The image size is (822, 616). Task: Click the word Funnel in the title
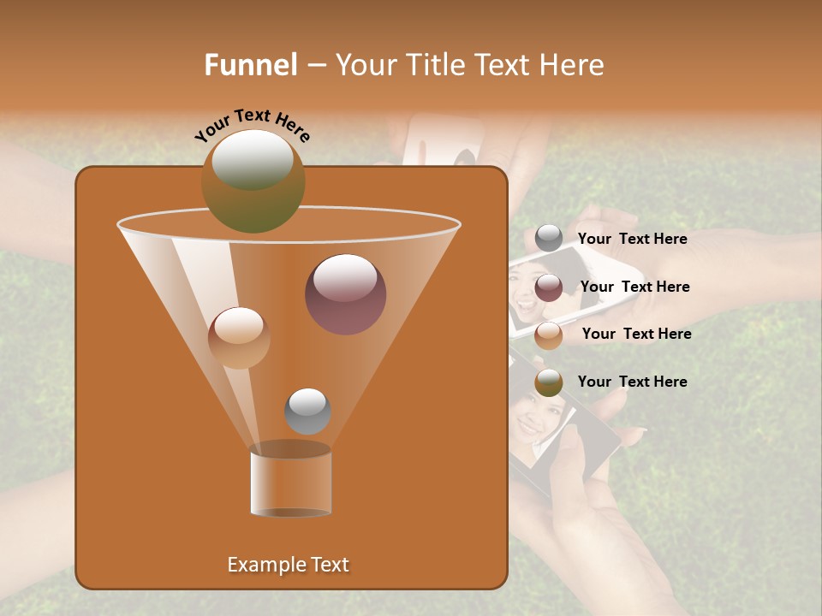251,65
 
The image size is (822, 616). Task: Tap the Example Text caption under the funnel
289,565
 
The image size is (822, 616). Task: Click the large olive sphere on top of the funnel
253,181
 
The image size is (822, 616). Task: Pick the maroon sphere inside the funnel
345,294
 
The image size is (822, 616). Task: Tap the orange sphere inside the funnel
239,337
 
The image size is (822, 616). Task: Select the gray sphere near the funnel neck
307,411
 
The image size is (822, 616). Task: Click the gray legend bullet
549,239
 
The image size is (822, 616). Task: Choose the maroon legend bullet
549,287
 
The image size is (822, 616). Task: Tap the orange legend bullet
549,335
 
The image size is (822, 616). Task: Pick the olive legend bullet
549,382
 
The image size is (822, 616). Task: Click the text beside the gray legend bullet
632,240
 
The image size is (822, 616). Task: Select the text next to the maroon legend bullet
634,287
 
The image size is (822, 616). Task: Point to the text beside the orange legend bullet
636,335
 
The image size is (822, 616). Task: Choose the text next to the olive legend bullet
632,382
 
